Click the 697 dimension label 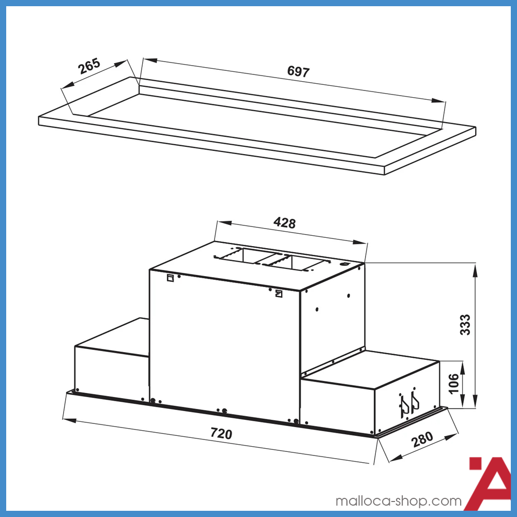pos(298,72)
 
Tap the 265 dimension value pos(89,67)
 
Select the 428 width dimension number pos(284,223)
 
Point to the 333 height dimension pos(466,325)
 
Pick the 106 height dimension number pos(453,384)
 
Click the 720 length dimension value pos(221,433)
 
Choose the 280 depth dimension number pos(422,440)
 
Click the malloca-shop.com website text pos(398,501)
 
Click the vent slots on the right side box pos(408,405)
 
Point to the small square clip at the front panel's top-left pos(170,278)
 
